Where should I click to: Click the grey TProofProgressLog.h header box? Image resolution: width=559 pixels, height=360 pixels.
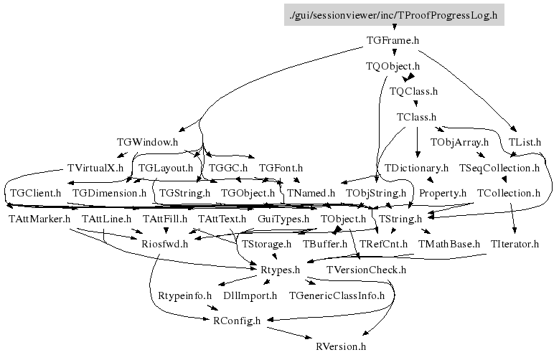pyautogui.click(x=393, y=14)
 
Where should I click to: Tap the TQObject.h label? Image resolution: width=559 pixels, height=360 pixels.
pyautogui.click(x=393, y=67)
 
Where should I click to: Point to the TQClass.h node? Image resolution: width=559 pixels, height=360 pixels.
pyautogui.click(x=413, y=92)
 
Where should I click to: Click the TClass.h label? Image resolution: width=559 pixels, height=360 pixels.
pyautogui.click(x=417, y=117)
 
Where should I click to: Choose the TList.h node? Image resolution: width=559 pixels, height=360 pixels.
pyautogui.click(x=525, y=142)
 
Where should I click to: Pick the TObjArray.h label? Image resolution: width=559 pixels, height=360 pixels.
pyautogui.click(x=459, y=142)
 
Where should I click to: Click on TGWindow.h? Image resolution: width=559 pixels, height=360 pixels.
pyautogui.click(x=147, y=142)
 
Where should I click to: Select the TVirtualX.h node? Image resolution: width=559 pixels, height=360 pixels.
pyautogui.click(x=95, y=168)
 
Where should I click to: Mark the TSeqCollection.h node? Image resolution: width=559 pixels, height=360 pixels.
pyautogui.click(x=499, y=168)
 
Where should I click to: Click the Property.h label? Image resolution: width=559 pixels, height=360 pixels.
pyautogui.click(x=443, y=193)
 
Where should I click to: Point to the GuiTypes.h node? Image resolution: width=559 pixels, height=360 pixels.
pyautogui.click(x=283, y=218)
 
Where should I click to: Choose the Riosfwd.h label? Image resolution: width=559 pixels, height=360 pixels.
pyautogui.click(x=164, y=244)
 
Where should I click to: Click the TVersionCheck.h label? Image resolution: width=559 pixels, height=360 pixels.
pyautogui.click(x=367, y=270)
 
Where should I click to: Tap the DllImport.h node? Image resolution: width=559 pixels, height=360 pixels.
pyautogui.click(x=250, y=295)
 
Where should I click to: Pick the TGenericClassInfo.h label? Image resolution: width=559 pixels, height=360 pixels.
pyautogui.click(x=337, y=295)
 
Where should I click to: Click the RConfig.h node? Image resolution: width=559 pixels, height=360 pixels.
pyautogui.click(x=237, y=321)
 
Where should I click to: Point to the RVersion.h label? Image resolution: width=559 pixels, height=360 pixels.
pyautogui.click(x=341, y=346)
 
